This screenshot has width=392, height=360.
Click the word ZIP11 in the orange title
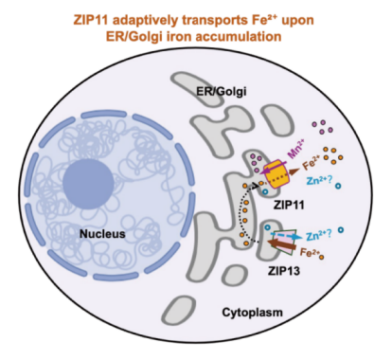[91, 20]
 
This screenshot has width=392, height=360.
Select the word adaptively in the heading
[145, 21]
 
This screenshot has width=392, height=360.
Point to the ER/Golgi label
[222, 92]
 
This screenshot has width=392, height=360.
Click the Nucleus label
[102, 234]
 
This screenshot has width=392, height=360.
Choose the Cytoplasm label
[252, 313]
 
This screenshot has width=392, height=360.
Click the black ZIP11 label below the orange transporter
[289, 205]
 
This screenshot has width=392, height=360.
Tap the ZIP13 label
[284, 271]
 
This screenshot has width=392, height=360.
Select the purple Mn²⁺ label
[296, 150]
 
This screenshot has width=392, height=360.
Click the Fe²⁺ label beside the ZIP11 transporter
[311, 163]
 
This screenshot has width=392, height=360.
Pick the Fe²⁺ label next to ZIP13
[310, 252]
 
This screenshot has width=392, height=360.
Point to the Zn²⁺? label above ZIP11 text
[319, 180]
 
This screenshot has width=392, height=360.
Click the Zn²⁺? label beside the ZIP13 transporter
[318, 234]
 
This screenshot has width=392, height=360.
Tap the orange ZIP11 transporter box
[276, 174]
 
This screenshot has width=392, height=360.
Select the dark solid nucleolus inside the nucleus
[88, 184]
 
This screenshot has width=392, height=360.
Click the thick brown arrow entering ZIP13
[281, 244]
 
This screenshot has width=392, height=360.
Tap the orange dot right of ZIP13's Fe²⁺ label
[321, 257]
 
